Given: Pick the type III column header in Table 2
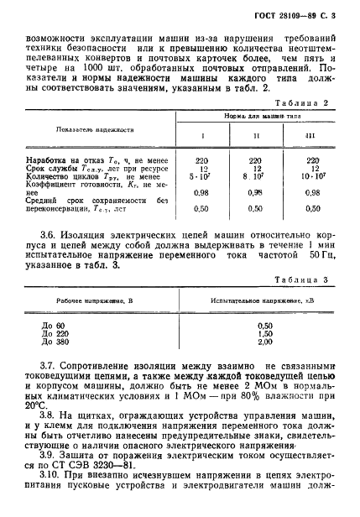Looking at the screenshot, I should (x=313, y=135).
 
